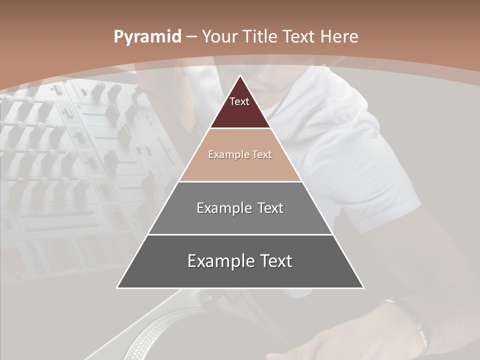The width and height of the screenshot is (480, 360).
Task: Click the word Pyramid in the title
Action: [x=147, y=37]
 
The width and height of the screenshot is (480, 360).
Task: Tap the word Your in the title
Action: [x=220, y=37]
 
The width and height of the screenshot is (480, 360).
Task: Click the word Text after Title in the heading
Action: [x=299, y=37]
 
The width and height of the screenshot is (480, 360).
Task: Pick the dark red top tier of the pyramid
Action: [x=240, y=112]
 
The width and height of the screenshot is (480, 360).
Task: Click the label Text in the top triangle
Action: [x=239, y=101]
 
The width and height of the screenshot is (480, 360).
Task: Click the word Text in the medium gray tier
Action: [x=270, y=208]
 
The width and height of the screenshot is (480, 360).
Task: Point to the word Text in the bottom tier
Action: [x=275, y=261]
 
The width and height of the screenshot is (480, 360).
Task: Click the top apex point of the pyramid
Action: [x=240, y=76]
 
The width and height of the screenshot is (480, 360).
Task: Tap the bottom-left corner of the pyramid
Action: [x=117, y=287]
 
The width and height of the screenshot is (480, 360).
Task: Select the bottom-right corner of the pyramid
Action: [x=363, y=287]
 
